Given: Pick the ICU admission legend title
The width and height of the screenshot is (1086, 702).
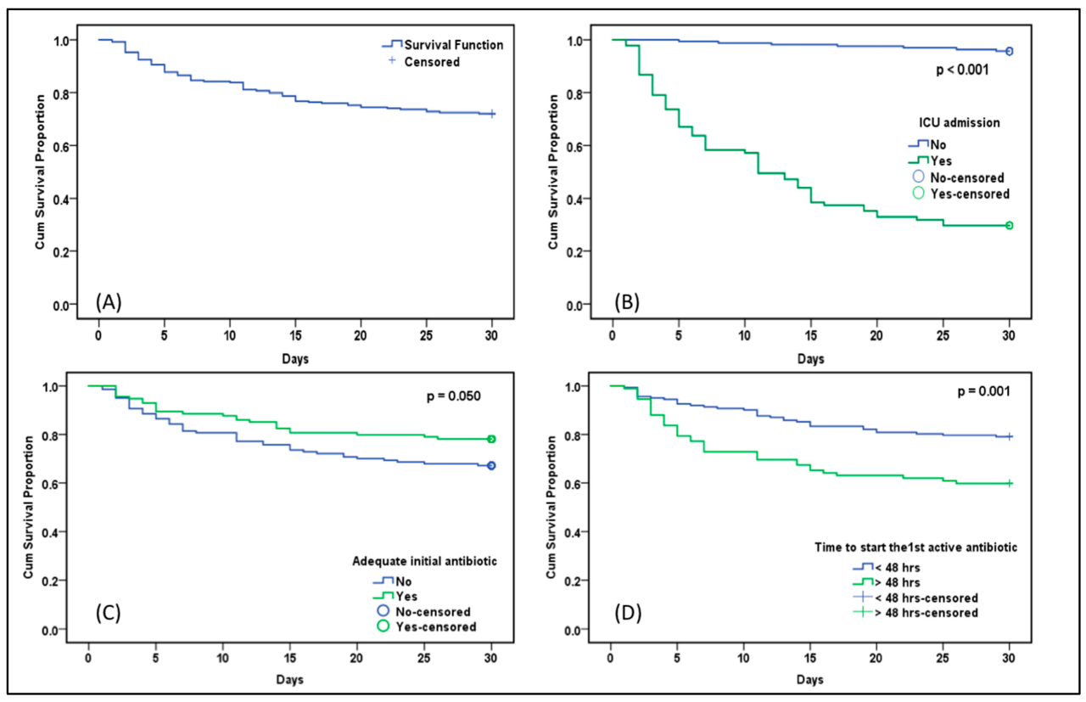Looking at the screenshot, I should tap(958, 123).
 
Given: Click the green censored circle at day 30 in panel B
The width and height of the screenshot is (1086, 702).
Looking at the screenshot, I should tap(1010, 226).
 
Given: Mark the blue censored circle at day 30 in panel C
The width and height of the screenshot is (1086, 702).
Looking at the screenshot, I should tap(491, 466).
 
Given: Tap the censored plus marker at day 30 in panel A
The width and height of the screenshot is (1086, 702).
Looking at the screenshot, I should tap(492, 114).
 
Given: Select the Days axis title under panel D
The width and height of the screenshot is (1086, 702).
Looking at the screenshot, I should tap(809, 680).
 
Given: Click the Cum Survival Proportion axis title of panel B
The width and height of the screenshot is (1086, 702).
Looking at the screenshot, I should tap(553, 172).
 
